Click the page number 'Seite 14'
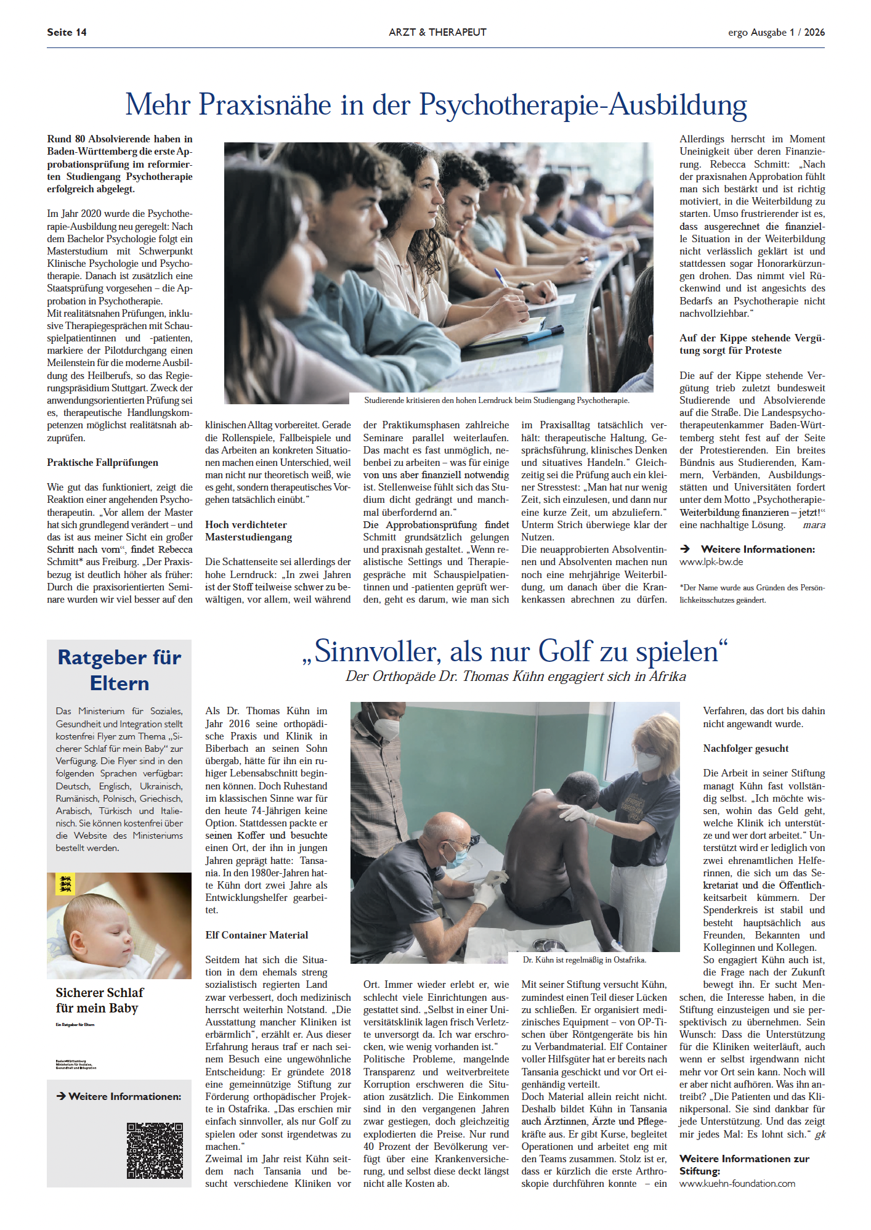(x=67, y=32)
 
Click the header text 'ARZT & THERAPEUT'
(x=437, y=32)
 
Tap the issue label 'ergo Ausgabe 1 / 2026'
(x=776, y=32)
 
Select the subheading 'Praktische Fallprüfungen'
(x=103, y=462)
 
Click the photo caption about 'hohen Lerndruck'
(x=496, y=400)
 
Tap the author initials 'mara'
(x=814, y=525)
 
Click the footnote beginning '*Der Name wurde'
(x=751, y=593)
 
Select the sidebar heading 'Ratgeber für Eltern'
(x=120, y=670)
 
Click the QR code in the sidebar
(x=155, y=1151)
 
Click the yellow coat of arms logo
(x=65, y=884)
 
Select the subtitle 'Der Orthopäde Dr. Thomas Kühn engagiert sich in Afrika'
(x=516, y=676)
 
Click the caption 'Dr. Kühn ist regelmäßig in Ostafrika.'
(x=584, y=959)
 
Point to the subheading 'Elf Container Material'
(x=257, y=935)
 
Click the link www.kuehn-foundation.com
(x=737, y=1183)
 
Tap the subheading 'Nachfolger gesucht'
(x=746, y=748)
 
